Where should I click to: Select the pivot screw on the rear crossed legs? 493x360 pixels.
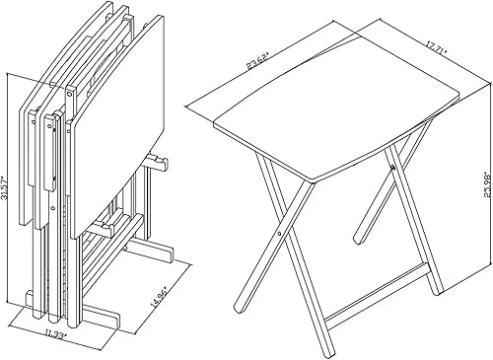[391, 169]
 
